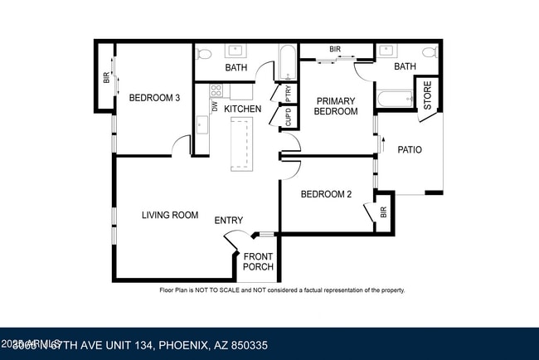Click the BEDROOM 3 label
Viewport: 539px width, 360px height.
pos(154,98)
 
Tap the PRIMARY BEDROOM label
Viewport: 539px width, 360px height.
pos(336,106)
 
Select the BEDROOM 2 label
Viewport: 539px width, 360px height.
pos(326,195)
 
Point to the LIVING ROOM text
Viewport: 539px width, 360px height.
pos(169,216)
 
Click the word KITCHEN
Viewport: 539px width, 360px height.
pos(243,109)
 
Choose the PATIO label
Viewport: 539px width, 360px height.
pos(410,150)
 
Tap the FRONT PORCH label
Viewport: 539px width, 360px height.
pos(258,262)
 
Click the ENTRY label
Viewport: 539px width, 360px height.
pos(229,221)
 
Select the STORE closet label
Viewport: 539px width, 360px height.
pos(428,95)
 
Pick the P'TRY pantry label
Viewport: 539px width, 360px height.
pos(288,92)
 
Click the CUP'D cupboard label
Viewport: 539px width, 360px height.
pos(288,117)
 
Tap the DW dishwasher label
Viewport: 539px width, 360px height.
pos(215,107)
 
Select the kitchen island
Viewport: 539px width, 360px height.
pos(241,143)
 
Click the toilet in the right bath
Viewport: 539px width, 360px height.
pos(429,51)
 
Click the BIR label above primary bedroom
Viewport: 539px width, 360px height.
pos(335,50)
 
